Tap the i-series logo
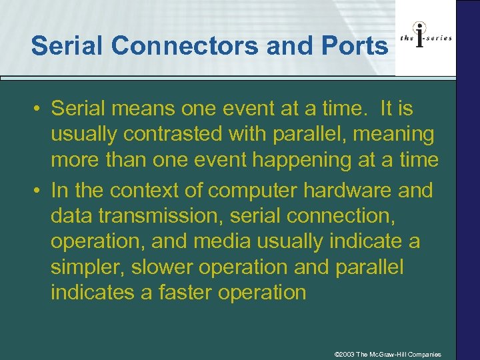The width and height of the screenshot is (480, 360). [x=425, y=38]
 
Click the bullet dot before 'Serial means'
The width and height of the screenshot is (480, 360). [x=39, y=108]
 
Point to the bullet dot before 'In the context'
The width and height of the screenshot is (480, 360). [x=39, y=191]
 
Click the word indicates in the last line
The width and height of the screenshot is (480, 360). [x=95, y=292]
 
